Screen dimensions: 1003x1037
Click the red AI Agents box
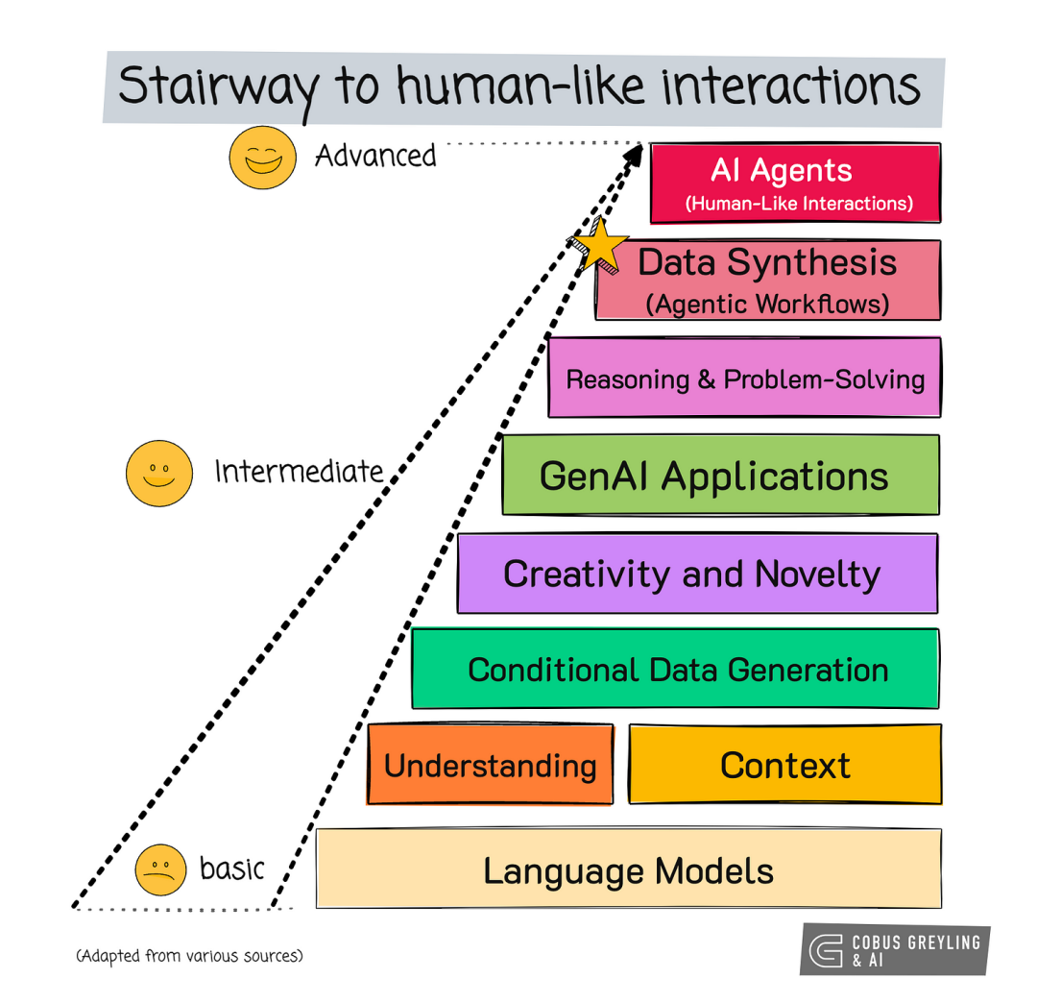coord(795,183)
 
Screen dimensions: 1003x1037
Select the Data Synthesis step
coord(768,280)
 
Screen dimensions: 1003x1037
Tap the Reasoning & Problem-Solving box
coord(745,378)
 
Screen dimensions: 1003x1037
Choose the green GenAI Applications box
coord(720,476)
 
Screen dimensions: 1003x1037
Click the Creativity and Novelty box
coord(697,574)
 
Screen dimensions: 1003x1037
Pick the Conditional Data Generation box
coord(675,669)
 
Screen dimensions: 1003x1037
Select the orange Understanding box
coord(490,765)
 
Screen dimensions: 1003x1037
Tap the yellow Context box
coord(785,765)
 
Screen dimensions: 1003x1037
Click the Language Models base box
coord(628,870)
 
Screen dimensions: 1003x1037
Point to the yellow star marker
coord(601,246)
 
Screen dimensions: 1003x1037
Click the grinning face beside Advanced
coord(262,157)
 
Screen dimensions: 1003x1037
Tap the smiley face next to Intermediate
coord(159,473)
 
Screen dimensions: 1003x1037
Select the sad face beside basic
coord(159,869)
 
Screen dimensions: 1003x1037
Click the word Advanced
coord(375,156)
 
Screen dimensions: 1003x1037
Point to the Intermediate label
coord(299,472)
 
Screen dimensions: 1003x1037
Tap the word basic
coord(231,868)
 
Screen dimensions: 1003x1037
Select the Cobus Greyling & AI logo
coord(894,949)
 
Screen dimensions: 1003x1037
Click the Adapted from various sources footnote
coord(189,956)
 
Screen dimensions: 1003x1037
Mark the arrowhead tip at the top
coord(640,147)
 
